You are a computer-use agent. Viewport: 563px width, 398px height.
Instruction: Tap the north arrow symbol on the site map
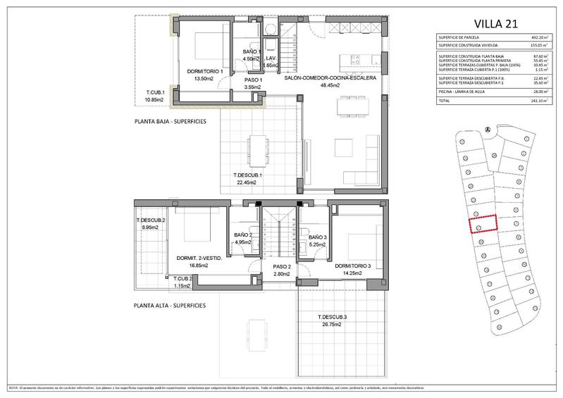tap(488, 128)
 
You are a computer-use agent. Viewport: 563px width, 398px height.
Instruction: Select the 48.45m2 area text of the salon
tap(330, 85)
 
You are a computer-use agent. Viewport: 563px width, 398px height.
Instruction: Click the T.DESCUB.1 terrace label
tap(247, 175)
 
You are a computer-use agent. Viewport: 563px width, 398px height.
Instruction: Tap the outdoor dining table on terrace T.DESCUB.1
tap(254, 148)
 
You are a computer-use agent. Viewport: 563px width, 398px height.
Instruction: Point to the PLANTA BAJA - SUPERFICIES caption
tap(170, 121)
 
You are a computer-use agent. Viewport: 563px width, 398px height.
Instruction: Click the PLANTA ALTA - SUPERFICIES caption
tap(170, 306)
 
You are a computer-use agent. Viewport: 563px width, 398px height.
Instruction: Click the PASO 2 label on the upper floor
tap(282, 267)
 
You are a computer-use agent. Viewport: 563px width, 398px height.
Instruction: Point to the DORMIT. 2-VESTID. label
tap(199, 259)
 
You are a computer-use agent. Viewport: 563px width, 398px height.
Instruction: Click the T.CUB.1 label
tap(155, 93)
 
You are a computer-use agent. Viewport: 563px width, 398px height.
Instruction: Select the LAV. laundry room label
tap(270, 58)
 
